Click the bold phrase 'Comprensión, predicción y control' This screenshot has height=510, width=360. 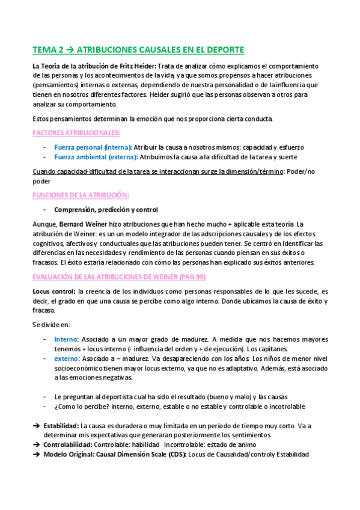pyautogui.click(x=106, y=210)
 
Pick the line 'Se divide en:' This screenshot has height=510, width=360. pyautogui.click(x=52, y=324)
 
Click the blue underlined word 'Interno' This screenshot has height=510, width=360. pyautogui.click(x=66, y=339)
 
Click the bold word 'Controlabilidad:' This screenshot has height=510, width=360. pyautogui.click(x=68, y=445)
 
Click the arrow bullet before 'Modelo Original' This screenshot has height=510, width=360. pyautogui.click(x=36, y=455)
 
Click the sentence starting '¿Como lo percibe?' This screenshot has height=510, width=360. pyautogui.click(x=180, y=407)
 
